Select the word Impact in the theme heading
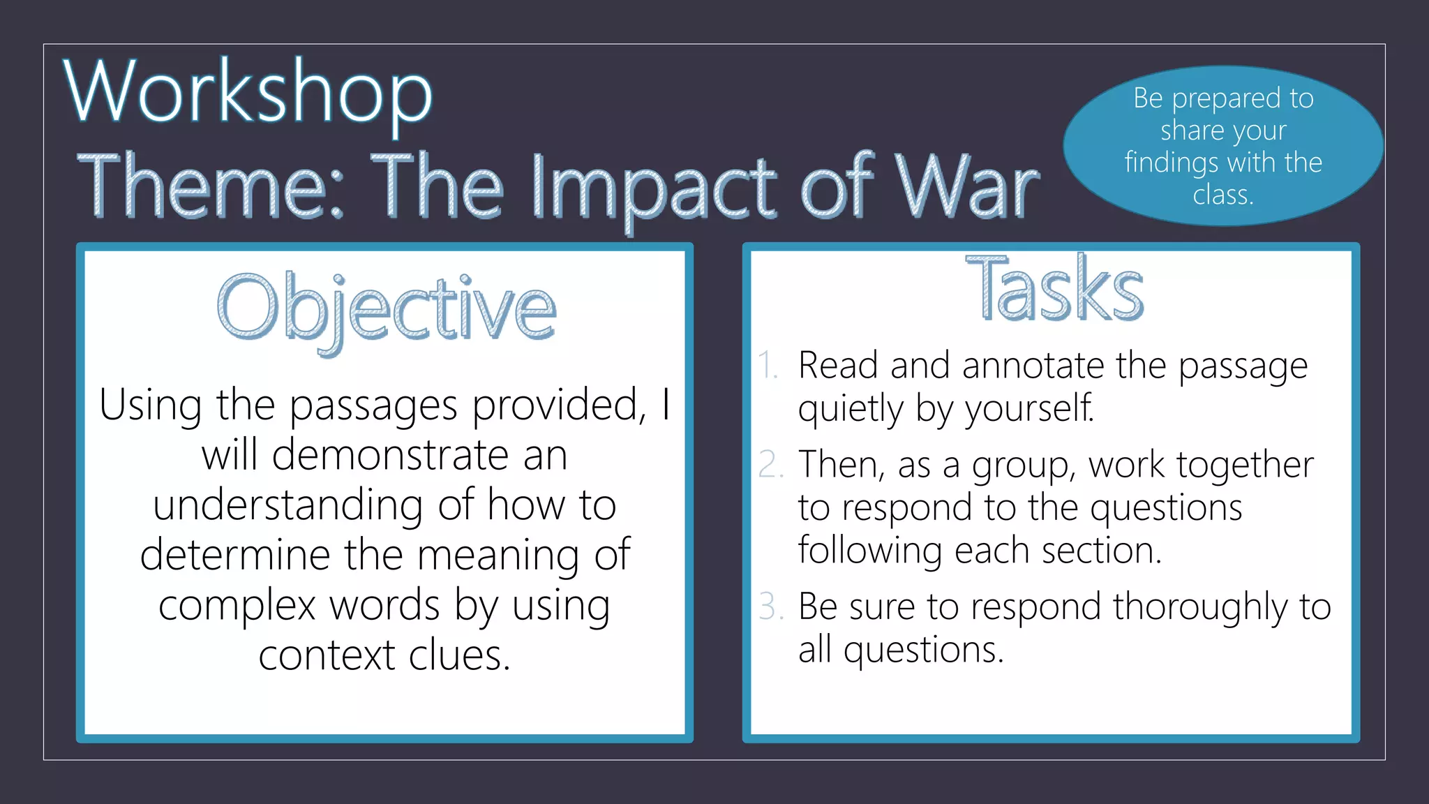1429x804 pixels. (x=653, y=188)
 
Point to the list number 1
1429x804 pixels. (x=768, y=366)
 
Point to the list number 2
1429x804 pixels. (x=771, y=465)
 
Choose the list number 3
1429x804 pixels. (x=771, y=606)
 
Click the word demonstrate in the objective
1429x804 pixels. (x=390, y=455)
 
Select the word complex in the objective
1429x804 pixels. (x=237, y=605)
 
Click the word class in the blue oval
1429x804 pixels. (x=1222, y=195)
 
